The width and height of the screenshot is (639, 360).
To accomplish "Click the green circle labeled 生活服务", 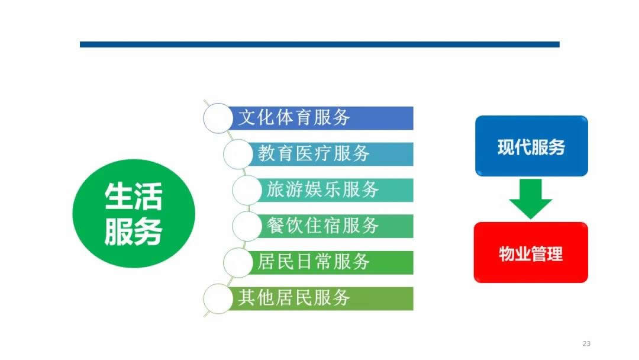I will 133,213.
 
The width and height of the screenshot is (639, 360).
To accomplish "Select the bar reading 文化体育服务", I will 319,118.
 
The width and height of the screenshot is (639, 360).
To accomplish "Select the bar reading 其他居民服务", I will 319,298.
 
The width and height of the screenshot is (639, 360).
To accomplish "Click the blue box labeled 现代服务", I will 531,146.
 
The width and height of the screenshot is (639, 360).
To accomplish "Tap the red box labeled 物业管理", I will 531,253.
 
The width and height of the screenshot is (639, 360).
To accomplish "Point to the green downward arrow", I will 531,199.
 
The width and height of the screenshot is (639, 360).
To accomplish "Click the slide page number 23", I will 586,344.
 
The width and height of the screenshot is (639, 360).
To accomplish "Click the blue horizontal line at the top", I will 319,44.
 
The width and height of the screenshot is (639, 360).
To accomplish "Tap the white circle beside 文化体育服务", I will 218,118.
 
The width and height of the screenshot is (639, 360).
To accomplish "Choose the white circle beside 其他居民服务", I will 218,298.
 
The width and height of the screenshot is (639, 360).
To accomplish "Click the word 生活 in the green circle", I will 133,196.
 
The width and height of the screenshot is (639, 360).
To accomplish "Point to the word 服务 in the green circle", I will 133,232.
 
